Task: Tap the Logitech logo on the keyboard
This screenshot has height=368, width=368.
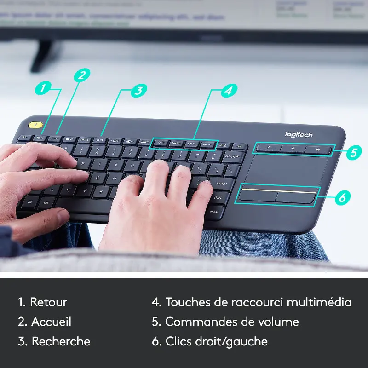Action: tap(299, 134)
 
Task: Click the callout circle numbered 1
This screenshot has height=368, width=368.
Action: tap(43, 87)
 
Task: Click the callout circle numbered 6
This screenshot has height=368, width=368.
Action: tap(341, 197)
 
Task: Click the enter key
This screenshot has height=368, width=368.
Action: tap(221, 184)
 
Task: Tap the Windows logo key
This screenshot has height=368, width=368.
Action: tap(29, 201)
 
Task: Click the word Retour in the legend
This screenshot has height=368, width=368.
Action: tap(48, 302)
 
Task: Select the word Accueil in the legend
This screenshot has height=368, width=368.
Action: tap(51, 322)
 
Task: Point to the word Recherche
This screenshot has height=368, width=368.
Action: tap(61, 341)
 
